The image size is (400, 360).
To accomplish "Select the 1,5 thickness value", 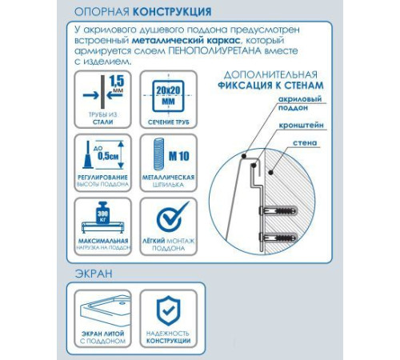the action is pos(116,81).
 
